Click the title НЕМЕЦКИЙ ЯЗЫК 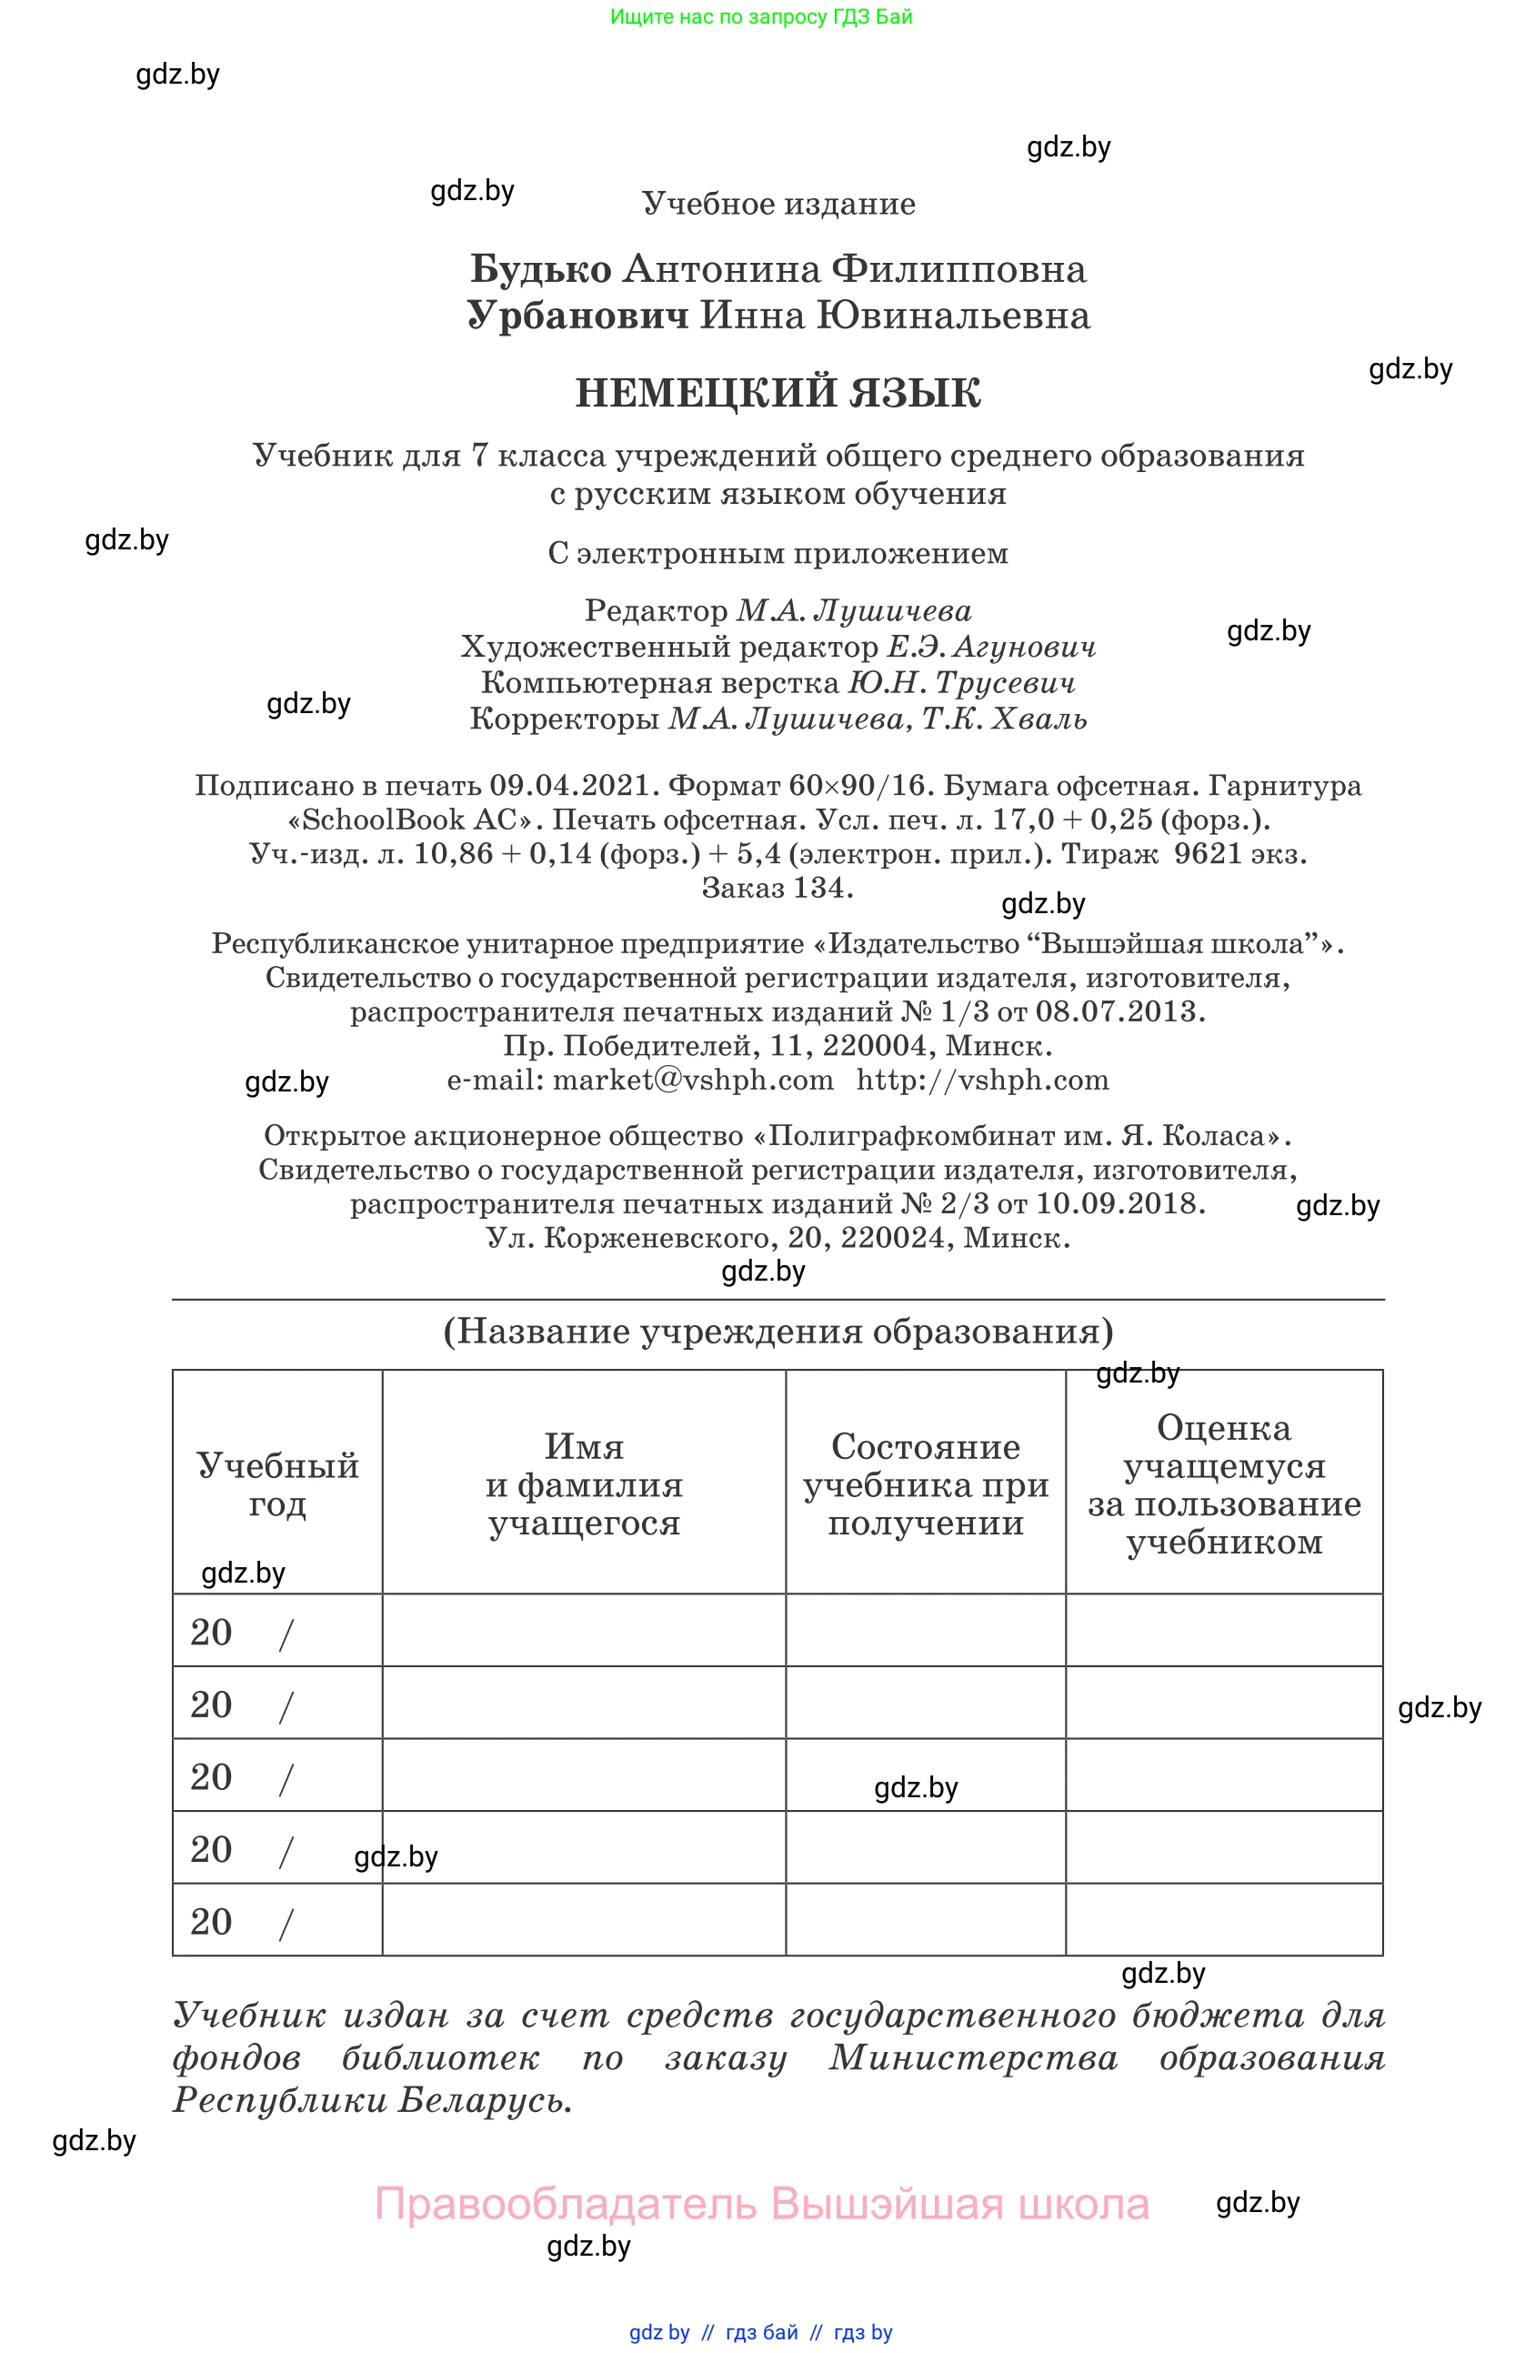778,393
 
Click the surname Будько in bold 541,269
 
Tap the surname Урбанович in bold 577,316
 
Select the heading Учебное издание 778,204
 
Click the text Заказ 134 777,888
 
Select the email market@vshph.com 692,1080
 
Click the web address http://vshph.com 982,1080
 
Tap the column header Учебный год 276,1484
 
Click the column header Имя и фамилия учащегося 583,1484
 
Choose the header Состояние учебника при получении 925,1484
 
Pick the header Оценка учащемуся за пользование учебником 1224,1484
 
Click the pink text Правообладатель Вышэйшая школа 761,2205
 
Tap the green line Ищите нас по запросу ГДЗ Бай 761,16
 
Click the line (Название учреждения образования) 778,1331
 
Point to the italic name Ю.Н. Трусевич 960,682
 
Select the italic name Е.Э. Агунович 990,647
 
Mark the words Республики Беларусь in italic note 373,2100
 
